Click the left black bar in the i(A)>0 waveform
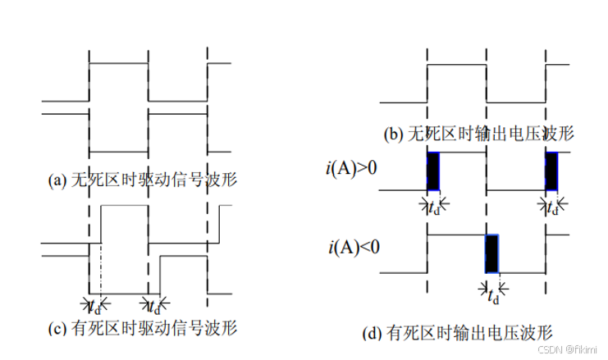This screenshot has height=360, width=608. coord(432,171)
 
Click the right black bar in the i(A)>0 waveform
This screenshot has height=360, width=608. coord(551,171)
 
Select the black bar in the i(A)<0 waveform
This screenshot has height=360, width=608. coord(491,253)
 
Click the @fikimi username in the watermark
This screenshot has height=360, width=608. coord(581,350)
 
